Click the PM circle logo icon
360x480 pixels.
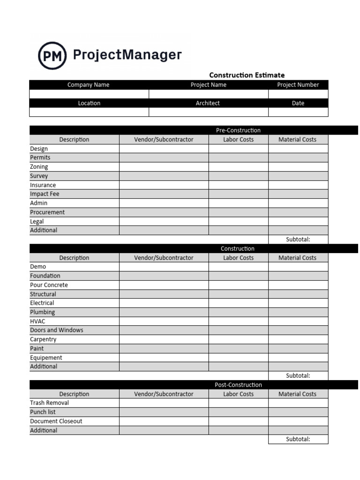(52, 55)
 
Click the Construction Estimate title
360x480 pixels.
(247, 75)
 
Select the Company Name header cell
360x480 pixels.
(89, 85)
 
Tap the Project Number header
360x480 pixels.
(298, 85)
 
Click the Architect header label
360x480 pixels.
(208, 103)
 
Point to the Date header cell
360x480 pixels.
(298, 103)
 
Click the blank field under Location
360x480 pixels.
(89, 112)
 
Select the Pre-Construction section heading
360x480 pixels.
(238, 130)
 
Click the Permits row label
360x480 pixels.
(40, 157)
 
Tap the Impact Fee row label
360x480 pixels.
(45, 194)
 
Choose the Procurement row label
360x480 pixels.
(47, 212)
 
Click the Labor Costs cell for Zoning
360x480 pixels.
(238, 167)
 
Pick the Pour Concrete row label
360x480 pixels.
(49, 285)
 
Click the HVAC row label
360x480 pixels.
(37, 322)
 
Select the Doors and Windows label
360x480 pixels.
(57, 330)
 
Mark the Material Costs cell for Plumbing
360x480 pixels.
(298, 312)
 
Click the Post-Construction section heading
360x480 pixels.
(238, 385)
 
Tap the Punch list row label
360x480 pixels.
(43, 412)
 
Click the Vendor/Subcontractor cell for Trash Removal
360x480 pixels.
(164, 403)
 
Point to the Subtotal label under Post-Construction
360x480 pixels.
(298, 439)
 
